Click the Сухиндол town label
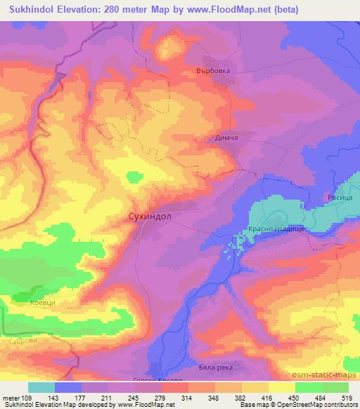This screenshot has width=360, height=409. point(153,217)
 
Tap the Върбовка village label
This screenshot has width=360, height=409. point(214,71)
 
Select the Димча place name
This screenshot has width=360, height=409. point(226,138)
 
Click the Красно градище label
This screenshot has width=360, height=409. point(275,231)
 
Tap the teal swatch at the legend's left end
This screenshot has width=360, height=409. point(41,387)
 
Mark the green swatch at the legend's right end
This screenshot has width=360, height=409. point(336,387)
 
